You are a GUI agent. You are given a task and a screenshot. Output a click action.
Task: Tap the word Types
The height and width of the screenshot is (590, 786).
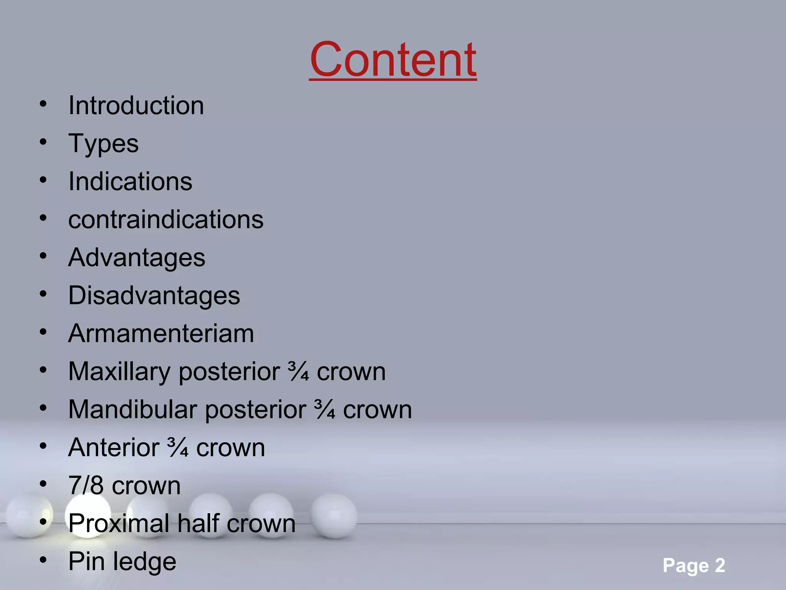(x=103, y=144)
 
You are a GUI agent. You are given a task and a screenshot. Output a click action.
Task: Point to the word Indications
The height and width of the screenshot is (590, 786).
(x=130, y=181)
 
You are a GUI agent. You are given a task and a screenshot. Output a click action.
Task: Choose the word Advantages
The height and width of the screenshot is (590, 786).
(x=137, y=257)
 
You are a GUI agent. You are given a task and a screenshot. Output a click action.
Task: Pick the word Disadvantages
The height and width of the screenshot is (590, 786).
(x=154, y=295)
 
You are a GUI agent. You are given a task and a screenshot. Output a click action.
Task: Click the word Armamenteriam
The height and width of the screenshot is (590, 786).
(x=161, y=333)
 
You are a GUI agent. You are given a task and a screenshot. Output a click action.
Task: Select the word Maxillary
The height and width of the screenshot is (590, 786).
(x=119, y=371)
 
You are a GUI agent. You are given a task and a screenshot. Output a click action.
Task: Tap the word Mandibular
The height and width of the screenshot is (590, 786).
(x=132, y=409)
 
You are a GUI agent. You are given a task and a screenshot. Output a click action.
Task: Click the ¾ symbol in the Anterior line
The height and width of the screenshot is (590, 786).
(x=178, y=447)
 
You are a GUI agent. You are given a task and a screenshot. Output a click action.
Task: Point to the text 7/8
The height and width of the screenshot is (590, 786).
(x=86, y=486)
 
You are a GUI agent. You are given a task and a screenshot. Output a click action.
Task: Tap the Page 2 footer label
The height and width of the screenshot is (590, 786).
(x=694, y=565)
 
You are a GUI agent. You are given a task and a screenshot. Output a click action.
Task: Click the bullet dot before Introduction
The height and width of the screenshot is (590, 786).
(x=43, y=104)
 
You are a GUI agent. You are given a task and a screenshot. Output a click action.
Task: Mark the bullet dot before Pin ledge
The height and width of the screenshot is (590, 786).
(x=43, y=560)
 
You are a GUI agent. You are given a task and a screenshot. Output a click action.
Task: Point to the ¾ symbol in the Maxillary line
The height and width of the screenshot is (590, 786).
(x=299, y=371)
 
